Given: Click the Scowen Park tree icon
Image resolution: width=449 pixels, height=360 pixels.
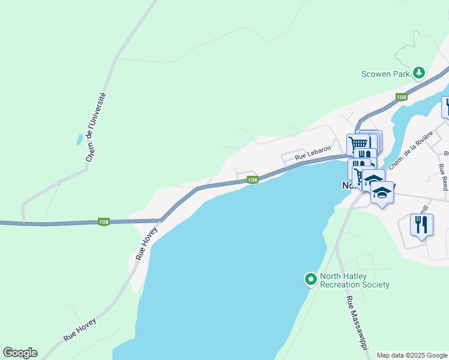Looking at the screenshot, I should [x=418, y=74].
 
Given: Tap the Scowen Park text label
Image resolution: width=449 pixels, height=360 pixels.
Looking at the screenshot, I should [x=385, y=74].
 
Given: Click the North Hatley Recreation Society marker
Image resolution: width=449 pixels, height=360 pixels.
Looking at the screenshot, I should [x=310, y=280].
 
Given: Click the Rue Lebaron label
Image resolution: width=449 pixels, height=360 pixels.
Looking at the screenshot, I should [x=313, y=152].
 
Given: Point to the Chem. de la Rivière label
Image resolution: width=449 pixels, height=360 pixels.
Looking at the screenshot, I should [x=410, y=150].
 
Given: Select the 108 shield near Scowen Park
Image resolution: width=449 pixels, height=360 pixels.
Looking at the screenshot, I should [x=402, y=97].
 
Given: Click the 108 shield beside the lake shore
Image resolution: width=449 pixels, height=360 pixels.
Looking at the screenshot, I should [x=253, y=180].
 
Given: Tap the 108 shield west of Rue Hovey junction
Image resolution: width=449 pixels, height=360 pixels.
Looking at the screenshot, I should [x=104, y=222].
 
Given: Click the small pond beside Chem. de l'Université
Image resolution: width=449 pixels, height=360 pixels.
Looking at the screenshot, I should [x=80, y=139].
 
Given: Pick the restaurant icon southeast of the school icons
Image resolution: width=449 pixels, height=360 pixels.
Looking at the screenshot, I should [x=421, y=225].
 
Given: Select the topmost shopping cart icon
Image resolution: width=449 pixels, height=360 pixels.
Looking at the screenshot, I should [x=358, y=143].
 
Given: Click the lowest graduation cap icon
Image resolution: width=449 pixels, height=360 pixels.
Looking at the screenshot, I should [x=382, y=193].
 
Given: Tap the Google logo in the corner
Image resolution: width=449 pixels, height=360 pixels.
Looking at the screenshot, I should [x=20, y=353].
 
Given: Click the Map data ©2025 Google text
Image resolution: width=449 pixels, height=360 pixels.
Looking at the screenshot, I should [x=412, y=355].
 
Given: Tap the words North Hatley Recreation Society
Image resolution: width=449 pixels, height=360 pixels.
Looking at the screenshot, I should [x=355, y=281].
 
